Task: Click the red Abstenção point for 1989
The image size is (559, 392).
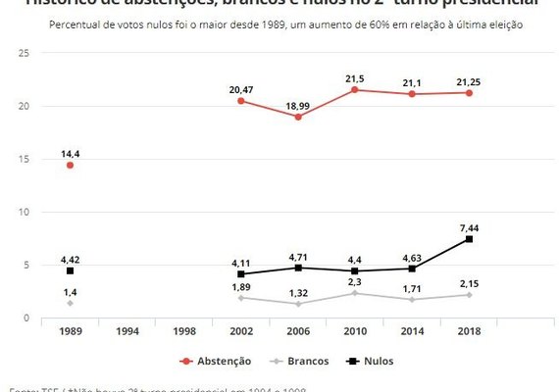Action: (x=70, y=166)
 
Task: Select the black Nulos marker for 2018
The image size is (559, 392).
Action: (x=470, y=239)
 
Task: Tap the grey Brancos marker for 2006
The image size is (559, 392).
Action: (x=298, y=304)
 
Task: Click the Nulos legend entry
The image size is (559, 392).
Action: (x=371, y=361)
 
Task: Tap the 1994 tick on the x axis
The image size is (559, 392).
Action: (x=127, y=332)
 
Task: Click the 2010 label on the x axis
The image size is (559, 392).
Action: (x=355, y=332)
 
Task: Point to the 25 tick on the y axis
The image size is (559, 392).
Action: (x=23, y=53)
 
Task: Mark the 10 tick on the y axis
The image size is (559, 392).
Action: (x=23, y=212)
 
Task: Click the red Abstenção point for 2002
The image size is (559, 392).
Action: (x=241, y=101)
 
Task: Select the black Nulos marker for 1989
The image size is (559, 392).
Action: (x=70, y=270)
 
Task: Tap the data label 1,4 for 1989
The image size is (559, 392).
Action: (x=70, y=291)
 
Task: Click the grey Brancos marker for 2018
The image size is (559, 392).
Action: (x=470, y=295)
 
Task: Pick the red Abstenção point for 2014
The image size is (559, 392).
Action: (x=412, y=94)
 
